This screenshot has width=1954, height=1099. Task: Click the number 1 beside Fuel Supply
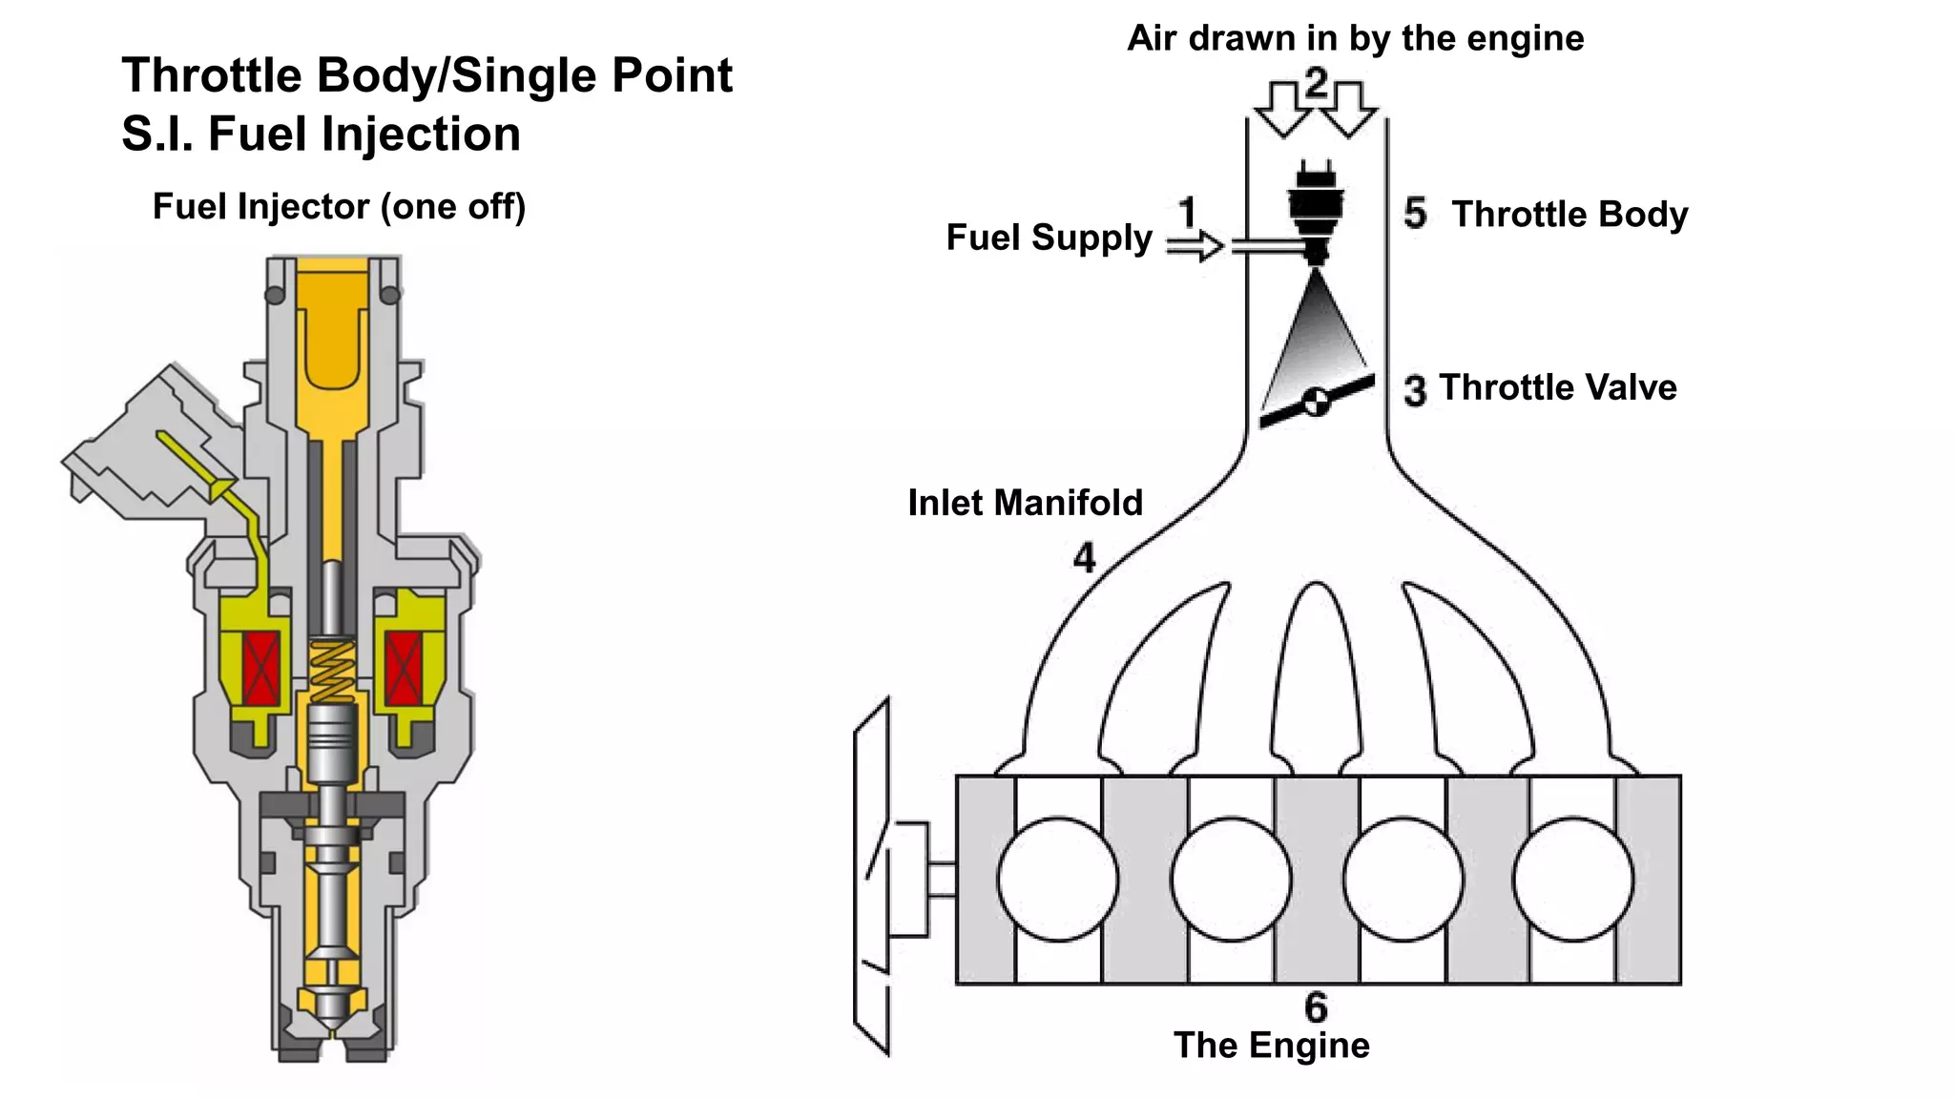point(1187,212)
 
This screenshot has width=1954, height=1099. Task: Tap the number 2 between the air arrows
point(1316,84)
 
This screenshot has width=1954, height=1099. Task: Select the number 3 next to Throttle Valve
point(1415,390)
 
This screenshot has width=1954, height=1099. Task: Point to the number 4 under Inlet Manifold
point(1084,557)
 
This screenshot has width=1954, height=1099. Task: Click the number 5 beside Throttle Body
point(1415,213)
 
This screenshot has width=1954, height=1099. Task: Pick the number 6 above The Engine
point(1316,1007)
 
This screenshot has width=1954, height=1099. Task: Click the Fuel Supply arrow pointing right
point(1195,246)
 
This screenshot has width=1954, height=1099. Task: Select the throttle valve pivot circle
point(1317,402)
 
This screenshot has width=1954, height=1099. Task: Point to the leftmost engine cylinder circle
point(1058,879)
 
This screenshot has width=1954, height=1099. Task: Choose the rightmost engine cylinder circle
point(1573,879)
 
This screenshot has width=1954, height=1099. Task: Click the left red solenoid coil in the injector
point(260,668)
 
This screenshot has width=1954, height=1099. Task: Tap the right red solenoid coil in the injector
point(404,668)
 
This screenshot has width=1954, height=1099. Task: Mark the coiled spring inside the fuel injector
point(332,671)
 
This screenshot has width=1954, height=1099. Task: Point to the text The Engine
point(1271,1046)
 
